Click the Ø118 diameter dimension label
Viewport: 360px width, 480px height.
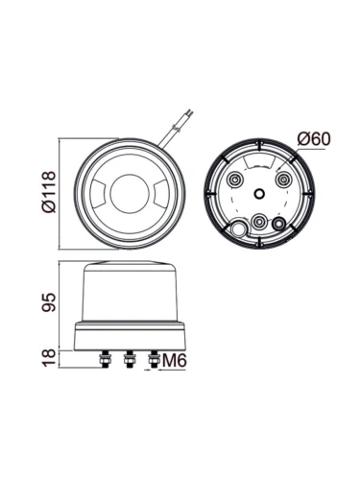point(49,192)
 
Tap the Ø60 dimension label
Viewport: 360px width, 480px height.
point(314,139)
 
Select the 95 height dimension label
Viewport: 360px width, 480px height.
point(49,302)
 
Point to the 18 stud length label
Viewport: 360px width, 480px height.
point(49,359)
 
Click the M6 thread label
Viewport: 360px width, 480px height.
point(175,361)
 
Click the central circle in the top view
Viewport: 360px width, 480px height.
point(130,193)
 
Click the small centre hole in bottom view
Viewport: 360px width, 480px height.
point(259,193)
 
